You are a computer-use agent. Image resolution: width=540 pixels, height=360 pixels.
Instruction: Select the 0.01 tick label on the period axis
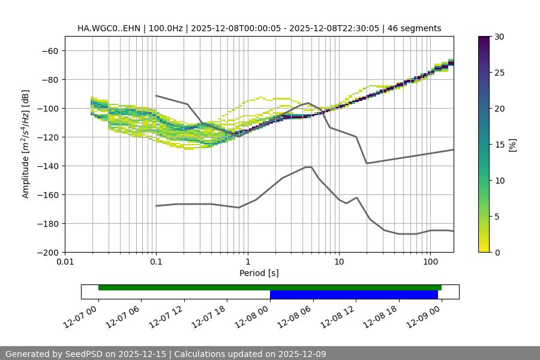click(x=65, y=262)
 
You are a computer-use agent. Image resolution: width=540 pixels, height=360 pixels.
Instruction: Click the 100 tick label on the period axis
click(x=430, y=262)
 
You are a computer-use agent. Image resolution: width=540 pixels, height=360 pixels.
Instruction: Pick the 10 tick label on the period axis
click(x=339, y=262)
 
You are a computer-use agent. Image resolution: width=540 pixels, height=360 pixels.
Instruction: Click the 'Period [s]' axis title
click(x=259, y=273)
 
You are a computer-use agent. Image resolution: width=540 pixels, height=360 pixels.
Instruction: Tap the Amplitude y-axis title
click(x=26, y=144)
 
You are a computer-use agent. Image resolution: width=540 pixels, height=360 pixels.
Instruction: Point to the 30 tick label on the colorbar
click(x=499, y=37)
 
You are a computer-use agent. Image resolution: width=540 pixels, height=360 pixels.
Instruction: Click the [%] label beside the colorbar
click(x=512, y=145)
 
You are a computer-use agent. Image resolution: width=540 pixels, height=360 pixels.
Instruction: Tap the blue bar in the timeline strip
click(x=353, y=295)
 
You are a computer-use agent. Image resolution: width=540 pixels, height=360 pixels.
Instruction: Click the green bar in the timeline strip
click(x=269, y=287)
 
